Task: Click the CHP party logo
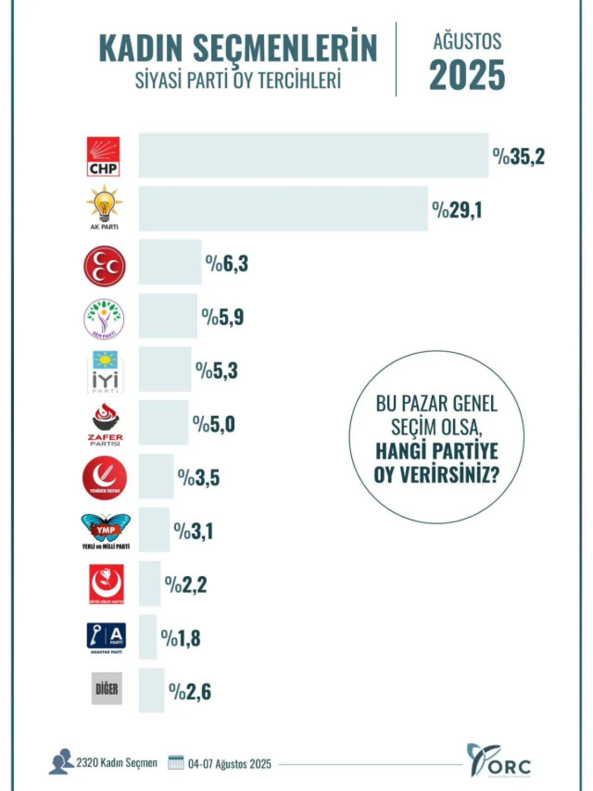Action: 103,156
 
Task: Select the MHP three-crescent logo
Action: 104,266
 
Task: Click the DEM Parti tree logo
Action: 104,319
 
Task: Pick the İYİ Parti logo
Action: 105,372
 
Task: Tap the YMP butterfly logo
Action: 105,530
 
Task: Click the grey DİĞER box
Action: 107,689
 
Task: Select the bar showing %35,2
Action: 314,155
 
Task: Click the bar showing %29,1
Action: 283,208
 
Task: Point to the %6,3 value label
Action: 227,264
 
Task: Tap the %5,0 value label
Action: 214,424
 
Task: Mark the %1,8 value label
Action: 181,638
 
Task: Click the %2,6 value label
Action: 190,692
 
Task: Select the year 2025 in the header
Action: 467,75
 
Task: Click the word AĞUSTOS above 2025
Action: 467,41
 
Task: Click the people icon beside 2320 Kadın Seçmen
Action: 61,761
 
